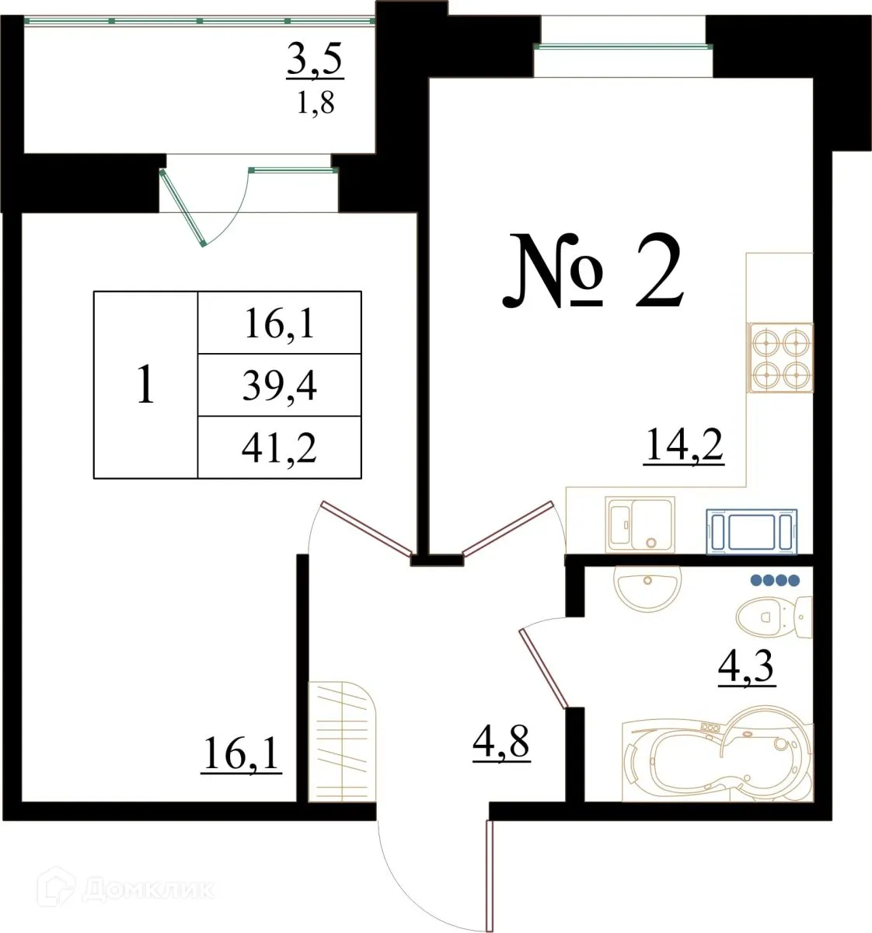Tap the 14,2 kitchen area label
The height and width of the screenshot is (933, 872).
(684, 446)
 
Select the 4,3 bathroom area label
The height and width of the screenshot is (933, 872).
(746, 667)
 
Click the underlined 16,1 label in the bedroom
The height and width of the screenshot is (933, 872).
(241, 753)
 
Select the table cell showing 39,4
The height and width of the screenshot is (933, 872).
(279, 386)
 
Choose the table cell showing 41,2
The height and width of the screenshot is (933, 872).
(279, 448)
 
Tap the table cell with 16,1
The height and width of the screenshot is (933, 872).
(279, 323)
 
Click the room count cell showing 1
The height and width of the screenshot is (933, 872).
(145, 385)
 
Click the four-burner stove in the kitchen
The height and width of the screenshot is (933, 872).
(780, 358)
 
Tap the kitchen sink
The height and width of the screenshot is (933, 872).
(640, 525)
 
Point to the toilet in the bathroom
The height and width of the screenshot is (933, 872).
(773, 617)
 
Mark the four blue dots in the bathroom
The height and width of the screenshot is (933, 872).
(774, 579)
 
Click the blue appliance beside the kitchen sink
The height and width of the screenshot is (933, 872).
(752, 532)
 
